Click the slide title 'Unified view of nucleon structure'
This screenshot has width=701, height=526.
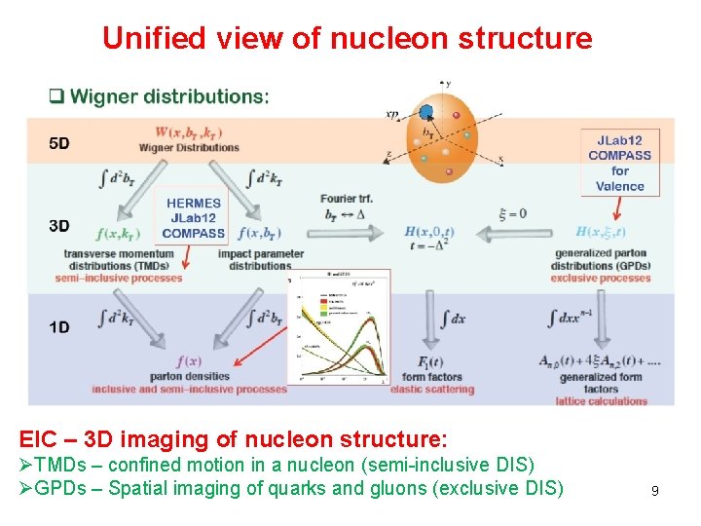pyautogui.click(x=347, y=38)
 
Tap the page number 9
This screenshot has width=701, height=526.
pyautogui.click(x=655, y=491)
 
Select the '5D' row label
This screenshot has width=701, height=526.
pyautogui.click(x=59, y=143)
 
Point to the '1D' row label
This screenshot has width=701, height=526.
pyautogui.click(x=59, y=327)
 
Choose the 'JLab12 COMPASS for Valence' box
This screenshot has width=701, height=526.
pyautogui.click(x=620, y=163)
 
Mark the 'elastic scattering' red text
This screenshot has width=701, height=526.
pyautogui.click(x=432, y=389)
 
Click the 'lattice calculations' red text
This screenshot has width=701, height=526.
pyautogui.click(x=602, y=400)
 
